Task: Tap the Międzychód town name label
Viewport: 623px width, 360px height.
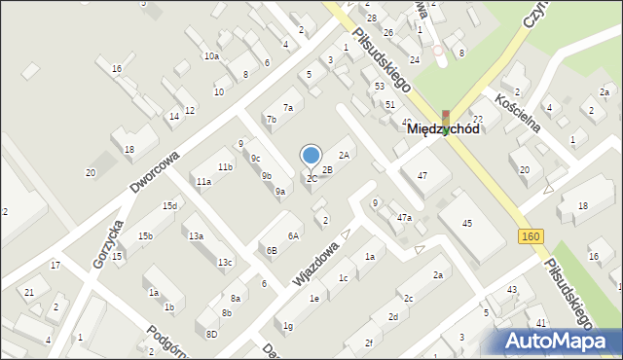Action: (442, 128)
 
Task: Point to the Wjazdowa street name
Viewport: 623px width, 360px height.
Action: (315, 264)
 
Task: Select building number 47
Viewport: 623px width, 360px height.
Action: (421, 175)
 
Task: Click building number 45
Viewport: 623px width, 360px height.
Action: (467, 224)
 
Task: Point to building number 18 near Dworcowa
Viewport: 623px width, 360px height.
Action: (128, 149)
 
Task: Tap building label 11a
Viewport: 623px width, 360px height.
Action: (202, 182)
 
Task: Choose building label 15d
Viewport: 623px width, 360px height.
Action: (169, 205)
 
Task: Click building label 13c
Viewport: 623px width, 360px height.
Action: (225, 262)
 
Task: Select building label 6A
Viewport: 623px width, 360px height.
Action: (292, 235)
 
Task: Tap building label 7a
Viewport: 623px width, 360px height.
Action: (287, 107)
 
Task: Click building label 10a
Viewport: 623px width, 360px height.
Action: (211, 56)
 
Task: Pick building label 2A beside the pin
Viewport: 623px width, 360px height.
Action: (343, 155)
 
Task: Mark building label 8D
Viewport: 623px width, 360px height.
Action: (211, 334)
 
